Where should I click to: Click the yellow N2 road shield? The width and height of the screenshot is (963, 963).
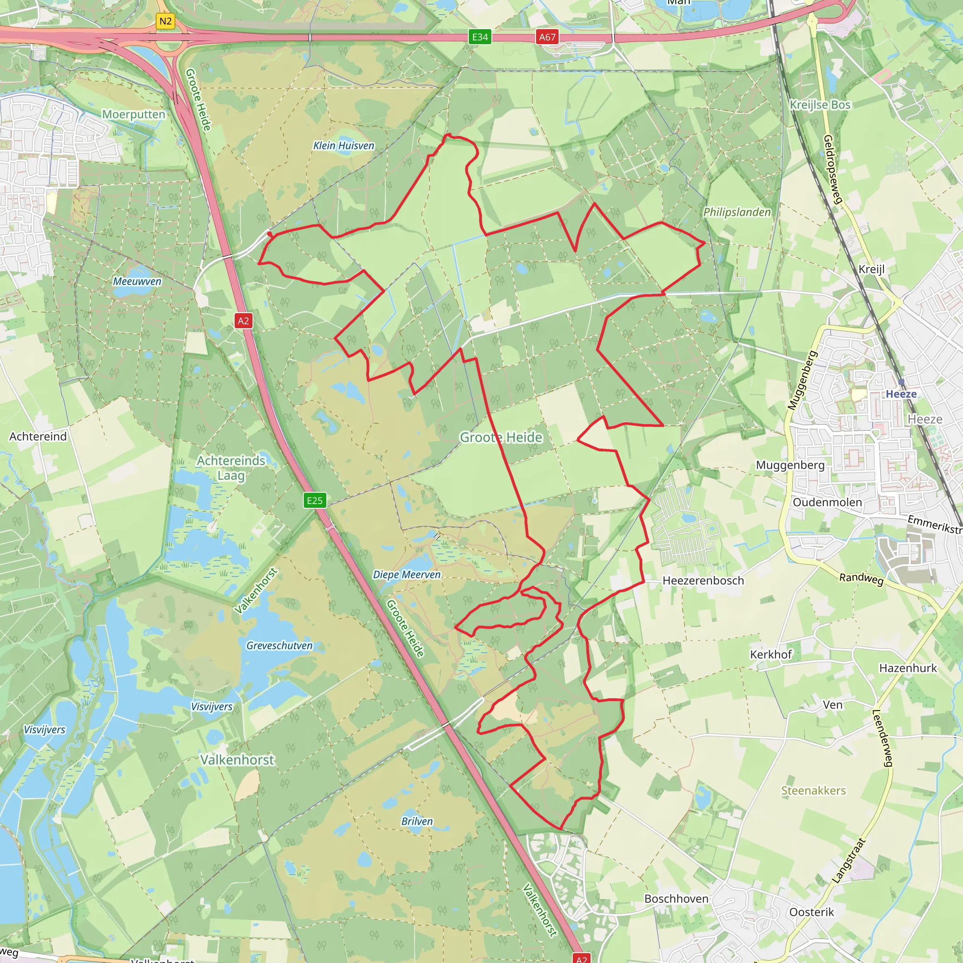click(165, 22)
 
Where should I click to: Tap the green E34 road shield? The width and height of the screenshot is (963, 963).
click(480, 37)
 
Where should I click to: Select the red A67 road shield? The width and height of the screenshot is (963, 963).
click(547, 37)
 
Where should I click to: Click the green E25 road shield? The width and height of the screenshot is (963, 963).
click(315, 500)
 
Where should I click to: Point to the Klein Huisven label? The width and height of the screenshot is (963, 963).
click(343, 146)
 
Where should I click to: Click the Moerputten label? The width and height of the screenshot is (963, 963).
click(134, 114)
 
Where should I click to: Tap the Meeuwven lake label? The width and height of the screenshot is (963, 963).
click(137, 282)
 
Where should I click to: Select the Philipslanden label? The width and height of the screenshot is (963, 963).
click(737, 213)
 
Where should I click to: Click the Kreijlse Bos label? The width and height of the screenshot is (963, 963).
click(820, 105)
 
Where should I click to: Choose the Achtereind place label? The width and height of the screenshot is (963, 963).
click(38, 437)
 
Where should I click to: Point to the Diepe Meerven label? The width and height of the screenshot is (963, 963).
click(407, 575)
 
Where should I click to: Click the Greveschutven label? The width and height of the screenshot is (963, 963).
click(279, 646)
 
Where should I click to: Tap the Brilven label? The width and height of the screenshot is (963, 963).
click(417, 821)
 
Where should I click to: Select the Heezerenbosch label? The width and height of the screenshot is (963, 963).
click(703, 581)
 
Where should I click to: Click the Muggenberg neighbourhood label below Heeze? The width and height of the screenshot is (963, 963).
click(790, 465)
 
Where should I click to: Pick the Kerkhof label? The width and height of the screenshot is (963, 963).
click(771, 655)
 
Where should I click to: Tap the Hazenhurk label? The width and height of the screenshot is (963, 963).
click(908, 668)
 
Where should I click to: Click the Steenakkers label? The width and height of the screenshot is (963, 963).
click(813, 790)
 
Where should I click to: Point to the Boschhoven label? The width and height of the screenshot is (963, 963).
click(676, 899)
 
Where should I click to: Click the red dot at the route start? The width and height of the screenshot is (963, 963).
click(269, 234)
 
